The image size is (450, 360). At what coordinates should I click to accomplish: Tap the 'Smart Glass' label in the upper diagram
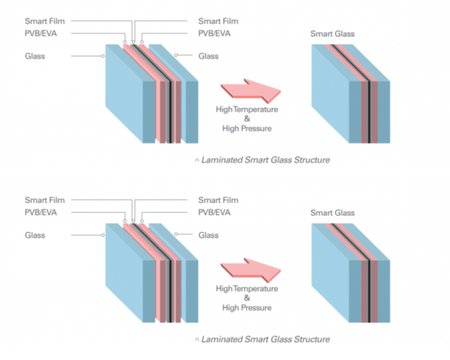[332, 34]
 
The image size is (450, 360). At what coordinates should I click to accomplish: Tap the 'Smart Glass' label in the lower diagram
[332, 213]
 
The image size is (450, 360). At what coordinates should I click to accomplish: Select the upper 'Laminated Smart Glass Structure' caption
[265, 159]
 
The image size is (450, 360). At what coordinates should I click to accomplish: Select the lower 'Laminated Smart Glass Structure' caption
[265, 339]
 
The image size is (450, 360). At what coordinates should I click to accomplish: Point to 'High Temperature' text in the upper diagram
[247, 109]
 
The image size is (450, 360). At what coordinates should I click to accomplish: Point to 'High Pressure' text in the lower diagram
[247, 308]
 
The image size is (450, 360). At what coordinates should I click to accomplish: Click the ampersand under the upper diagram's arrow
[247, 119]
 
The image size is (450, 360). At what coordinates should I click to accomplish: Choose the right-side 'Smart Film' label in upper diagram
[218, 21]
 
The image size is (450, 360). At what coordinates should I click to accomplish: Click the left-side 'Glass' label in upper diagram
[35, 56]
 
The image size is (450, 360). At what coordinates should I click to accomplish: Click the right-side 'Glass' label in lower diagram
[208, 235]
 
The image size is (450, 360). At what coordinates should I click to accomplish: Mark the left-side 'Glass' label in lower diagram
[35, 235]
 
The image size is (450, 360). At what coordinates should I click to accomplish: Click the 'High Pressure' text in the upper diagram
[247, 128]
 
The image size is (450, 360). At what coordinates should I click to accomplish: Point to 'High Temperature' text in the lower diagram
[247, 289]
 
